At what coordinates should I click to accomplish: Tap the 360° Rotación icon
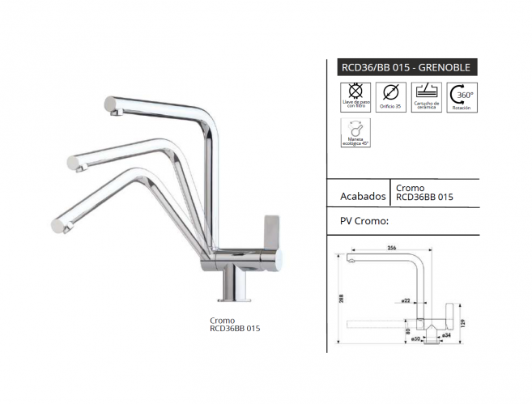click(x=466, y=95)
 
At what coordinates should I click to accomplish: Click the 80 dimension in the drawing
click(x=407, y=330)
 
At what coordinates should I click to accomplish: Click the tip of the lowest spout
click(x=57, y=224)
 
